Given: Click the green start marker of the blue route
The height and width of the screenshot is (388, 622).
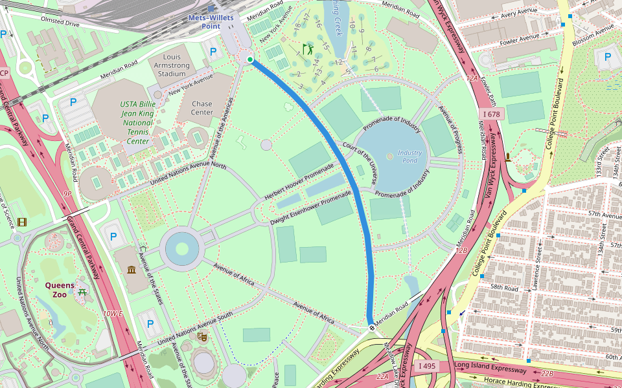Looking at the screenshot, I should pyautogui.click(x=249, y=59).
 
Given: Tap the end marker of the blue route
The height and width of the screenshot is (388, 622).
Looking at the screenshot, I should pyautogui.click(x=372, y=328).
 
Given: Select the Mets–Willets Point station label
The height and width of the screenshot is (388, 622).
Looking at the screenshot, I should pyautogui.click(x=211, y=21).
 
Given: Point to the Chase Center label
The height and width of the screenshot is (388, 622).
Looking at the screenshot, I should pyautogui.click(x=202, y=108).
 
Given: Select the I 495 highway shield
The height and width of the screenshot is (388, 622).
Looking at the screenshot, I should pyautogui.click(x=427, y=366).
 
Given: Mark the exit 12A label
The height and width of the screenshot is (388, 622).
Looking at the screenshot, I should pyautogui.click(x=471, y=78).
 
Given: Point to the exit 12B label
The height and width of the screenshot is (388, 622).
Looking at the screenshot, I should pyautogui.click(x=461, y=250).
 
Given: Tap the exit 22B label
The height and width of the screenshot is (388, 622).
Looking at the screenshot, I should pyautogui.click(x=547, y=374).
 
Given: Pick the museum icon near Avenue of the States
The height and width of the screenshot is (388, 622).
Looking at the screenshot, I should pyautogui.click(x=132, y=268).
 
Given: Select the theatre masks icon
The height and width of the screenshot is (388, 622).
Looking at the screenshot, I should pyautogui.click(x=202, y=337).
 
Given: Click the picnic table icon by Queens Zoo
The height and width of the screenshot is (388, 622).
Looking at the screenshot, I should pyautogui.click(x=82, y=294).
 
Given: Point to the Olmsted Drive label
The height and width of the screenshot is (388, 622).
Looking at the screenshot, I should pyautogui.click(x=60, y=23).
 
